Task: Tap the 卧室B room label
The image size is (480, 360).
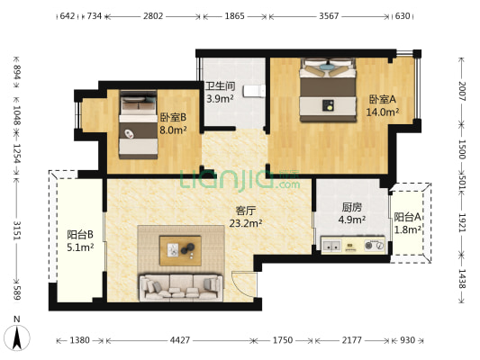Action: click(x=173, y=122)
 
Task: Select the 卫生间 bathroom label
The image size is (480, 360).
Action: click(x=220, y=93)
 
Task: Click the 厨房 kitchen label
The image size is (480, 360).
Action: click(x=327, y=211)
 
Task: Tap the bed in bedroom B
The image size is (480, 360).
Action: click(x=138, y=126)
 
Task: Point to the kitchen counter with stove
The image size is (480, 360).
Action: click(x=354, y=245)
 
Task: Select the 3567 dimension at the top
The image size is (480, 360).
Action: click(x=330, y=16)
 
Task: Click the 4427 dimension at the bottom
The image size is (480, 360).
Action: click(x=180, y=341)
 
